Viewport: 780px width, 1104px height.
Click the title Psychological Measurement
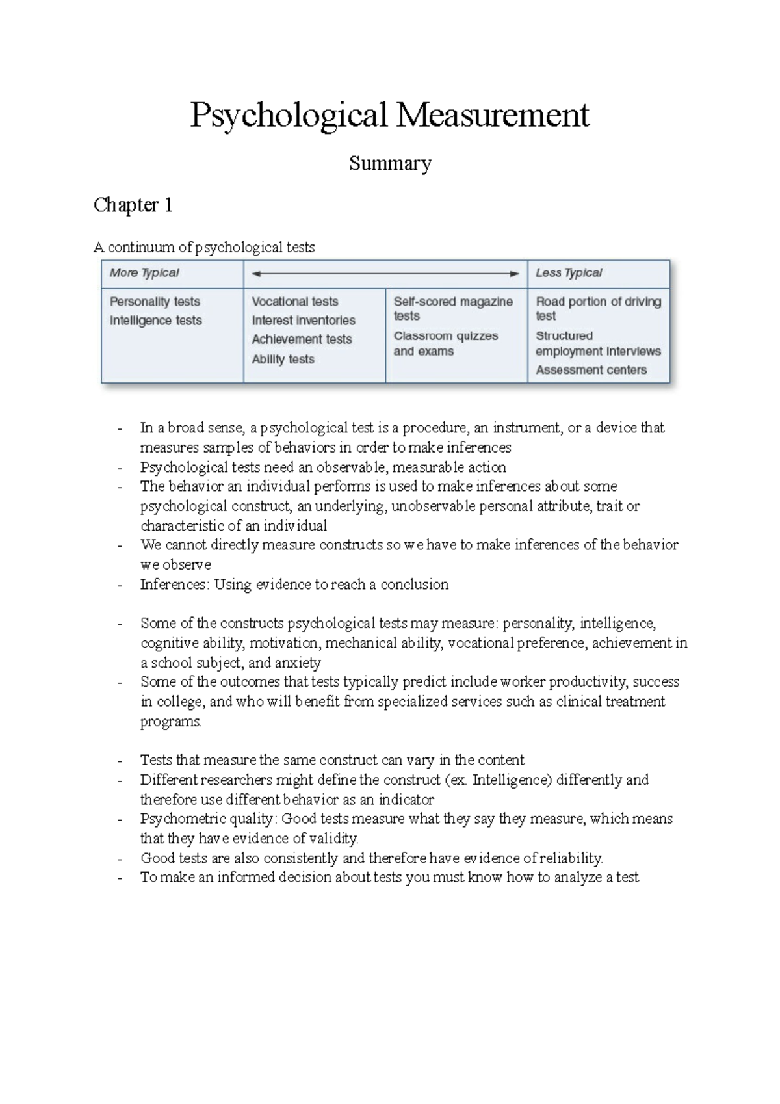[x=389, y=115]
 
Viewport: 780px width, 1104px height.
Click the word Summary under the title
[x=390, y=163]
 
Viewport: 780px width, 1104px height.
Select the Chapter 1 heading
[x=133, y=205]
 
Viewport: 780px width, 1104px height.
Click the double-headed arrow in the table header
[x=385, y=274]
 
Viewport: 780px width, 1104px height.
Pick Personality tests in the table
[x=155, y=302]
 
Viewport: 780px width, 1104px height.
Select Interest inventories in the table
[x=304, y=321]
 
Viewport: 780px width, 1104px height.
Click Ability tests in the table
[x=283, y=359]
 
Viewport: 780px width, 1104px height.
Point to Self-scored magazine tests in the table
[x=453, y=308]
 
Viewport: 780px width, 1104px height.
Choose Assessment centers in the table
[x=591, y=370]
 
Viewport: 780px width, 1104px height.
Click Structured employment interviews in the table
[x=597, y=344]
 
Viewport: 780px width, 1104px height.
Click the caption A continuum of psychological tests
[x=204, y=247]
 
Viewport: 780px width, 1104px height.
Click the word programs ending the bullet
[x=170, y=722]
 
